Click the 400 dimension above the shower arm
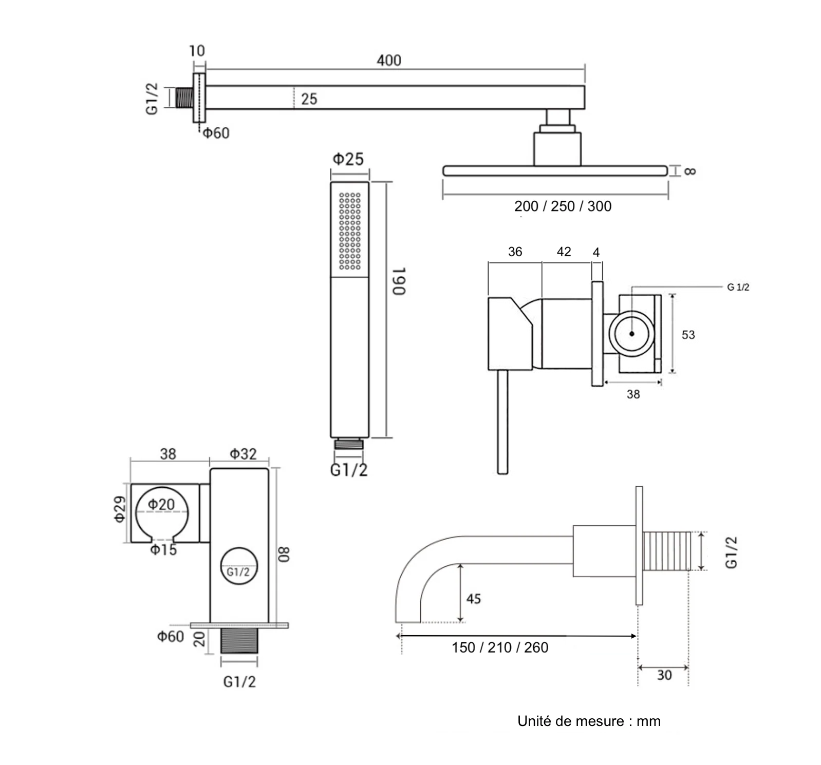(x=388, y=61)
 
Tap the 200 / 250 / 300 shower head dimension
(x=563, y=206)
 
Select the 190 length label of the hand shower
(x=399, y=281)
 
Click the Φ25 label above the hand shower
(x=348, y=159)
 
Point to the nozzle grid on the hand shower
(x=350, y=231)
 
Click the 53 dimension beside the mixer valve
(x=688, y=335)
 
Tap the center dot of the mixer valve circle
(x=631, y=334)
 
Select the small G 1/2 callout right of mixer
(x=738, y=288)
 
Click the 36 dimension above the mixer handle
(x=515, y=252)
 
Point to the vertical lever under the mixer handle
(x=502, y=421)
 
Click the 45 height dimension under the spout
(x=473, y=599)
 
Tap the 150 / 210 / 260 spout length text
(x=500, y=647)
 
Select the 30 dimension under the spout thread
(x=664, y=675)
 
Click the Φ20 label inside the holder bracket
(x=161, y=504)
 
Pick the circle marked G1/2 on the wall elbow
(x=238, y=567)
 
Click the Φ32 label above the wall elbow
(x=242, y=454)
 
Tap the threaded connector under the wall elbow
(x=239, y=641)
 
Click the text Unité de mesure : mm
(x=589, y=721)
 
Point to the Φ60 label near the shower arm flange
(x=216, y=133)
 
